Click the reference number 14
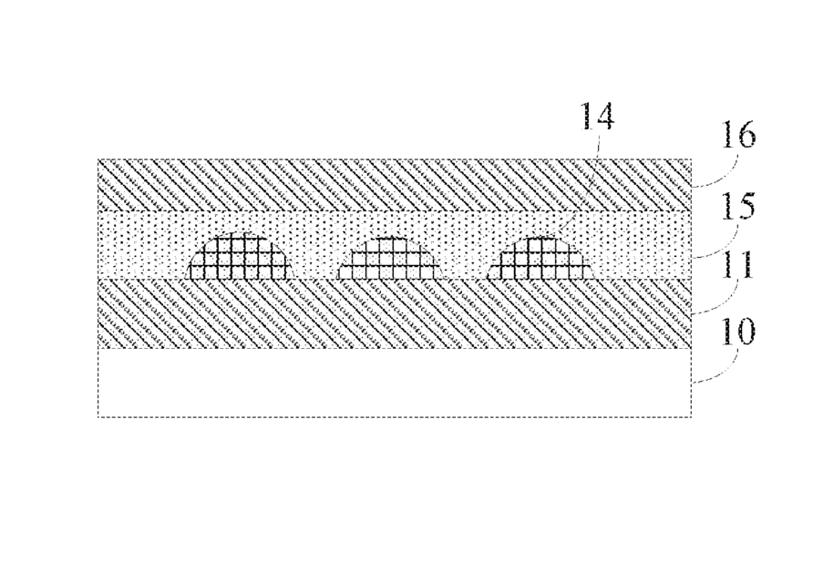click(x=598, y=116)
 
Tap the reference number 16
click(x=739, y=136)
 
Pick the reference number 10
click(x=738, y=332)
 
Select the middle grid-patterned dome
click(x=390, y=259)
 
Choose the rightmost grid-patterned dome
click(x=540, y=258)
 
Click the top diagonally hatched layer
click(x=394, y=185)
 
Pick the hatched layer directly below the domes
click(x=394, y=313)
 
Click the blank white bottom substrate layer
click(x=394, y=383)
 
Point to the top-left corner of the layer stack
click(x=98, y=159)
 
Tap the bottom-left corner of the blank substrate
click(x=98, y=416)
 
